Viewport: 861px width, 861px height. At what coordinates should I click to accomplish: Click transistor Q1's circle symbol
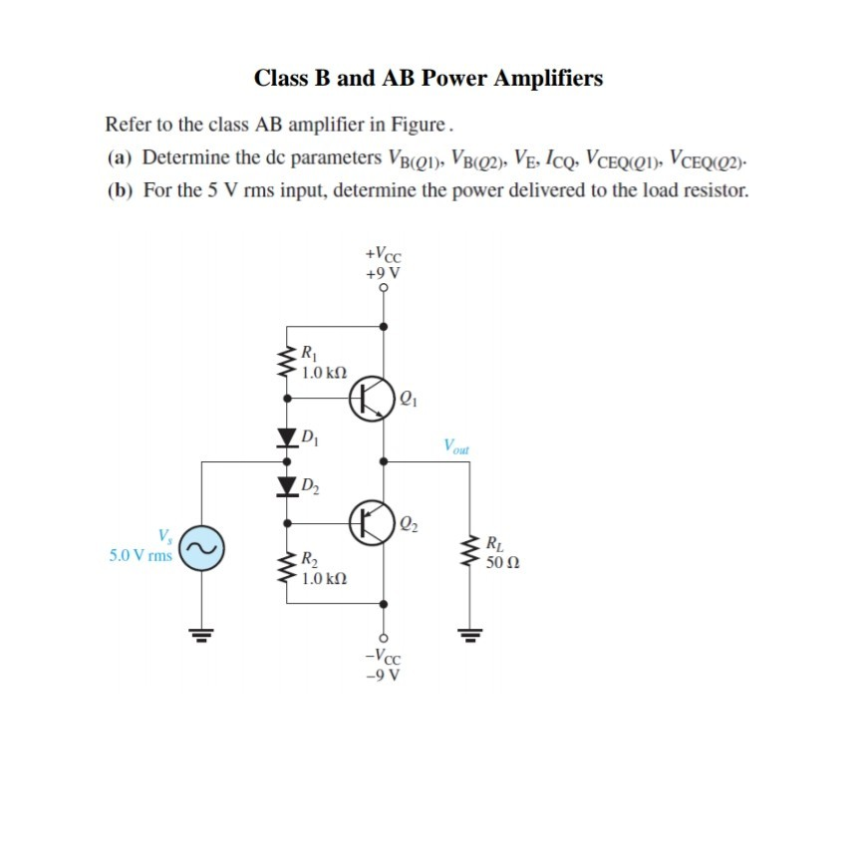point(373,399)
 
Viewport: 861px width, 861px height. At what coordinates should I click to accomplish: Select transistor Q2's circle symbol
point(373,522)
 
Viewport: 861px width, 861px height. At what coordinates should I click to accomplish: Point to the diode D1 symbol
point(287,436)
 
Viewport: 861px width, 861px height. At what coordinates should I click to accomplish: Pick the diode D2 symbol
point(287,485)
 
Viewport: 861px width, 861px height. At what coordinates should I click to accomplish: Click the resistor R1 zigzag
point(287,362)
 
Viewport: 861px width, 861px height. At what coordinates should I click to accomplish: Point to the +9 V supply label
point(384,272)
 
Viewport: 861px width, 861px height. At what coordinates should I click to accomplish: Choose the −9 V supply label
point(384,675)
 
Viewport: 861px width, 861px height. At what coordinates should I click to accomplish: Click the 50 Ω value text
point(503,564)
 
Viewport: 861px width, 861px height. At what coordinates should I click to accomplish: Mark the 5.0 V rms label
point(141,555)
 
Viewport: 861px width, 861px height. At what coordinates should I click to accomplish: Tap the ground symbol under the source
point(204,631)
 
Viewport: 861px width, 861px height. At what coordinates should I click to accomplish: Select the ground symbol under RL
point(471,631)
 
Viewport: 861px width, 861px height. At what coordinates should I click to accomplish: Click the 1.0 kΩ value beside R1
point(324,372)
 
